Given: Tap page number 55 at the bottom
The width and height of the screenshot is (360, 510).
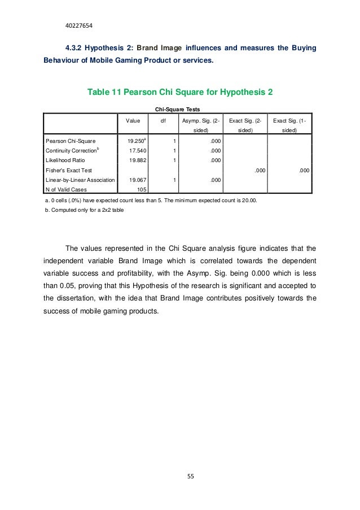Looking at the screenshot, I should (x=190, y=476).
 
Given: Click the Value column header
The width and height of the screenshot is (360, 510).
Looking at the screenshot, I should (x=133, y=120).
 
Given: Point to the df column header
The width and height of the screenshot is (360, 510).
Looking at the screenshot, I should (x=164, y=120).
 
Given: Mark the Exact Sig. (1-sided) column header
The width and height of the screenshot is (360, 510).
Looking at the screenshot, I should (x=291, y=125).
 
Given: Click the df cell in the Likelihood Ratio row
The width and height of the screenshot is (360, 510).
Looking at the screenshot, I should (x=175, y=160).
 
